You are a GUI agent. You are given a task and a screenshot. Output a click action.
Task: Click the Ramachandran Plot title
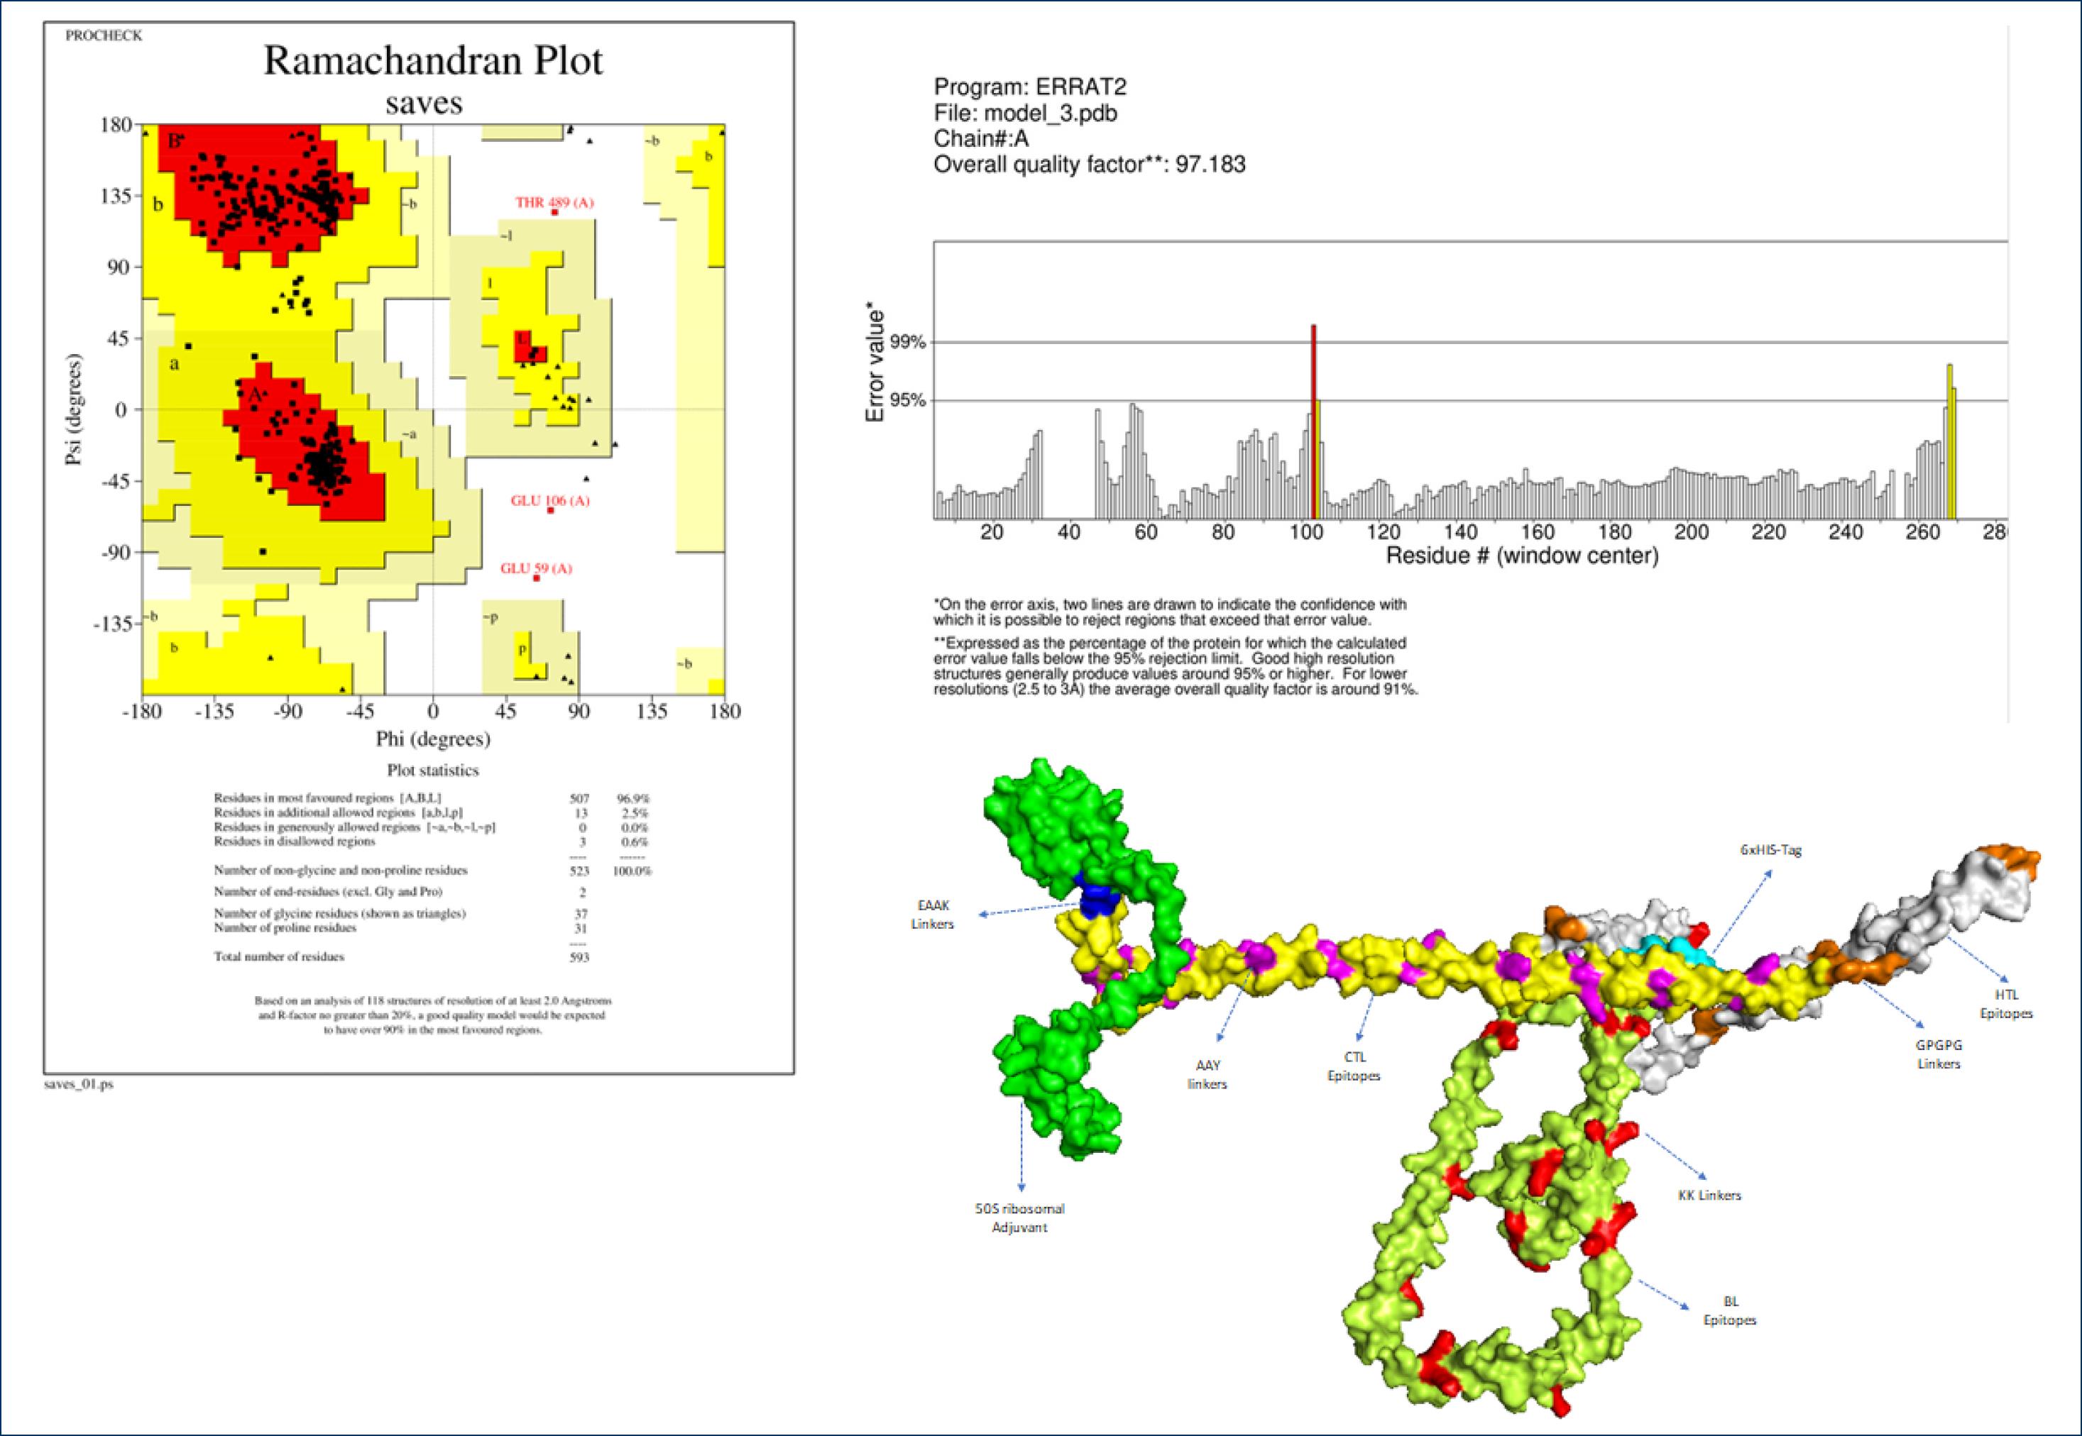433,61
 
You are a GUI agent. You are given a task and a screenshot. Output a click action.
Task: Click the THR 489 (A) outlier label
554,202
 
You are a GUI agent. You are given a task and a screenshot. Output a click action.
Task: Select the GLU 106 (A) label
550,500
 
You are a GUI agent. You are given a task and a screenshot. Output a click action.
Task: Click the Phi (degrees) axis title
433,739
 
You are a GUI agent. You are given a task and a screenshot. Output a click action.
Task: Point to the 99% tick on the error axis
907,342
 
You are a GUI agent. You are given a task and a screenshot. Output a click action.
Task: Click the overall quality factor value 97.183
1210,165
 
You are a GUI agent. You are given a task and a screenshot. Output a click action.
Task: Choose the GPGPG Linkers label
1938,1054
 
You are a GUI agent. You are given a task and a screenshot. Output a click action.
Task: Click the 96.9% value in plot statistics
632,798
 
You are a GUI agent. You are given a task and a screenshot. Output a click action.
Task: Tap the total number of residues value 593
580,956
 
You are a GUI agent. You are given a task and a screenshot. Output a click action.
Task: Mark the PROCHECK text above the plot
104,36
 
